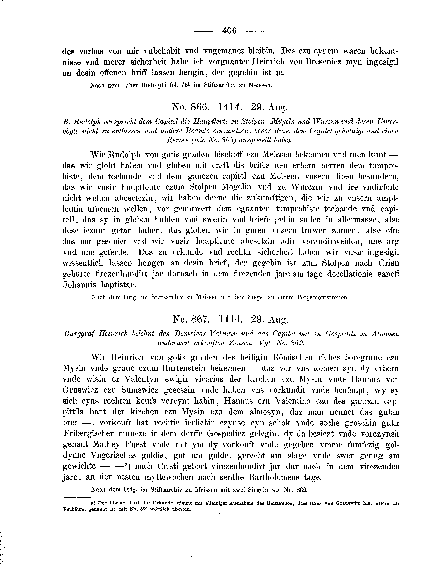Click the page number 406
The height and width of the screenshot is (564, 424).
tap(229, 31)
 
